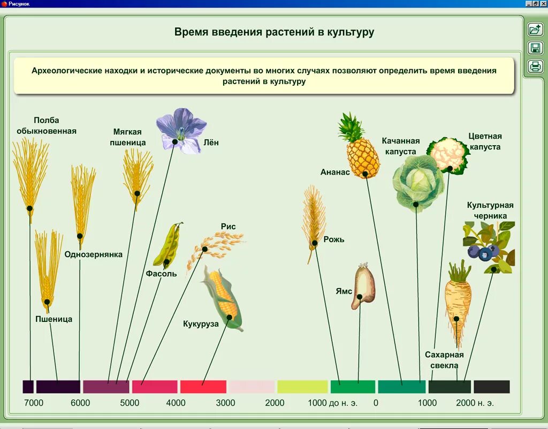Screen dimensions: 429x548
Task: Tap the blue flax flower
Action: click(181, 130)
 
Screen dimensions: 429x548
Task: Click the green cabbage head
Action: click(418, 183)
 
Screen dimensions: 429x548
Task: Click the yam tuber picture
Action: click(363, 287)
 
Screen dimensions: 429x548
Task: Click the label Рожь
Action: click(334, 239)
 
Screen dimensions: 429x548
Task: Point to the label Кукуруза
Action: click(201, 323)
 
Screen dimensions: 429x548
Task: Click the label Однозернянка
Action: click(94, 254)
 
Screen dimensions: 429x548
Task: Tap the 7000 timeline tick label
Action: click(34, 403)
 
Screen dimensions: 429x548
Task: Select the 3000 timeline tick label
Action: click(225, 403)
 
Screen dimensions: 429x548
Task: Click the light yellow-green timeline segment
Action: click(302, 387)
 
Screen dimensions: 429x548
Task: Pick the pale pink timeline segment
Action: click(252, 387)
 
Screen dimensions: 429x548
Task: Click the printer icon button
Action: click(535, 66)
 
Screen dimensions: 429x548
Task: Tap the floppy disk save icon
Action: click(535, 48)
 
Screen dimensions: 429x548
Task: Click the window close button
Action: click(543, 4)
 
